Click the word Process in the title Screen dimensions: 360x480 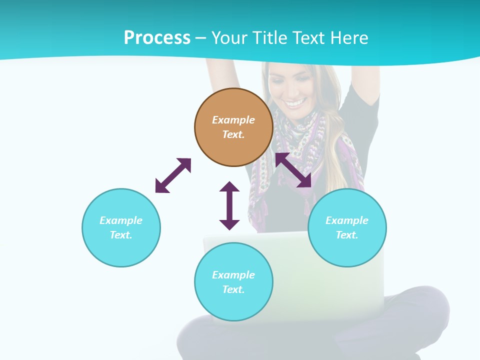[x=157, y=38]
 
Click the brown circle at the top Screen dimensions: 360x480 [x=233, y=127]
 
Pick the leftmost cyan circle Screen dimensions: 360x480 [x=121, y=227]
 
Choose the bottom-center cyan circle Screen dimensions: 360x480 [x=233, y=282]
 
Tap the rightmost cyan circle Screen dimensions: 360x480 [x=347, y=227]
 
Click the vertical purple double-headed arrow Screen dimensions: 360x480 [x=229, y=205]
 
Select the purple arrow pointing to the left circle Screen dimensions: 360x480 [x=173, y=175]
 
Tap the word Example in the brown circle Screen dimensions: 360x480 [x=233, y=120]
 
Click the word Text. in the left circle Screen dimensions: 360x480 [x=121, y=235]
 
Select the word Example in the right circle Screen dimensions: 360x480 [x=347, y=220]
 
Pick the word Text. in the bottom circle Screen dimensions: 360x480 [x=233, y=289]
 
